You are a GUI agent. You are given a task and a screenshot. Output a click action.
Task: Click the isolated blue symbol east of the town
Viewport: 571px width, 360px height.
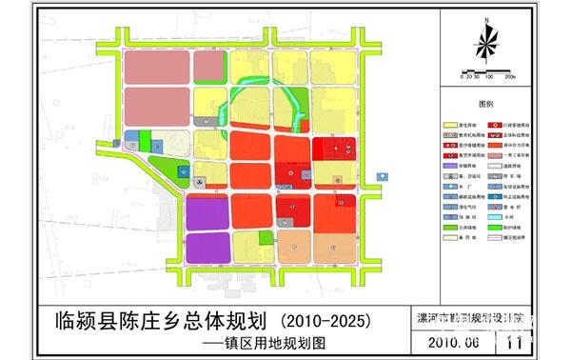pos(382,177)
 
